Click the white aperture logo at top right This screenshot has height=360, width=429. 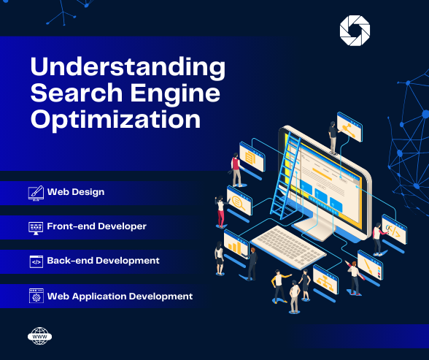[x=355, y=31]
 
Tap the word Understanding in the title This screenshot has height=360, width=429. [x=128, y=67]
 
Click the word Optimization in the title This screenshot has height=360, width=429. [x=115, y=118]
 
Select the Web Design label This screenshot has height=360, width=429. [x=76, y=192]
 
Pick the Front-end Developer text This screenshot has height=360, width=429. [x=97, y=226]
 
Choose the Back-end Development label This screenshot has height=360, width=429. [x=103, y=261]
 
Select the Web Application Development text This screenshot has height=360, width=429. [x=120, y=296]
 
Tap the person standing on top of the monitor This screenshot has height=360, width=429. [x=333, y=138]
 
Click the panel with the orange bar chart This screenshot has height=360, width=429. [x=236, y=244]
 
